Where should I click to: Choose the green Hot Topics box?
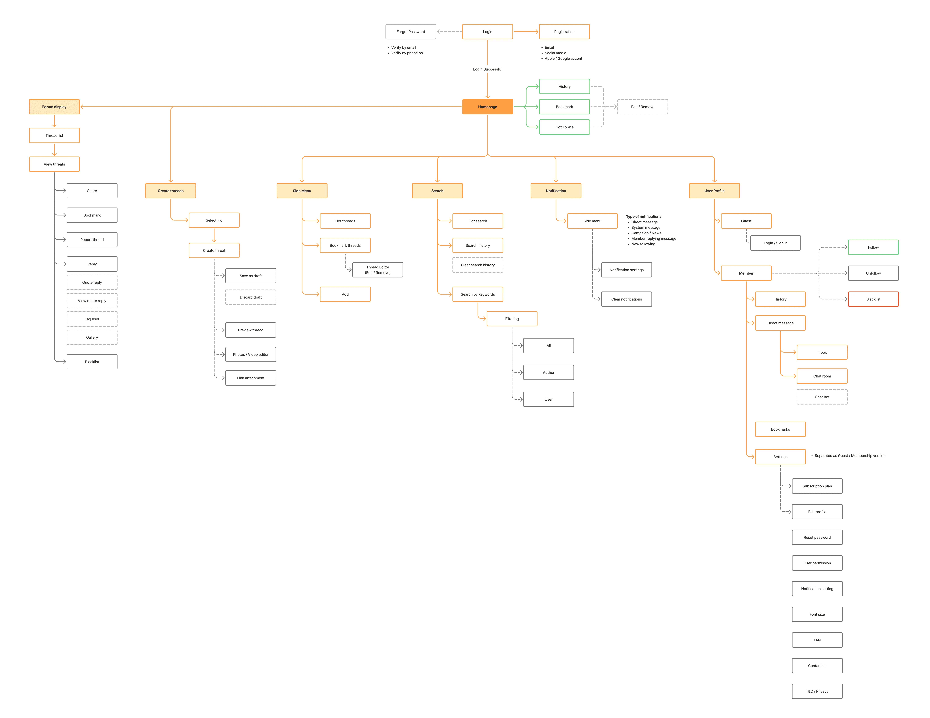[564, 127]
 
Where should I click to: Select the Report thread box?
[92, 239]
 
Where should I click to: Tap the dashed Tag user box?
[92, 319]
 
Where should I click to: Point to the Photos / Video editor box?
[250, 354]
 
